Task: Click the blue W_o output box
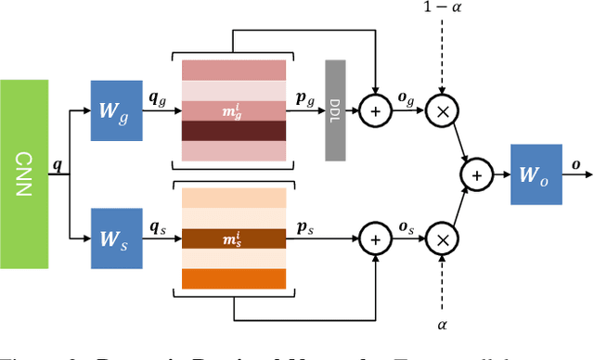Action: point(536,174)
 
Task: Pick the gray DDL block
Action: point(336,110)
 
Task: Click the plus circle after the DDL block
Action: point(375,110)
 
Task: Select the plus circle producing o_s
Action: point(375,239)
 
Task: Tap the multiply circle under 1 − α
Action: point(443,110)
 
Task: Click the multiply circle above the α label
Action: point(443,239)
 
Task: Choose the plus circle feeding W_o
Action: point(477,174)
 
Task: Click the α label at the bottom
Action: point(443,324)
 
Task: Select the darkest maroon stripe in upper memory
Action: point(235,132)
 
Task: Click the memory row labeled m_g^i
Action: point(235,110)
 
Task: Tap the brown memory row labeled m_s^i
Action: point(235,238)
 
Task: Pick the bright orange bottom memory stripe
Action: point(235,278)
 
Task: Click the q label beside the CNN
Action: point(58,166)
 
